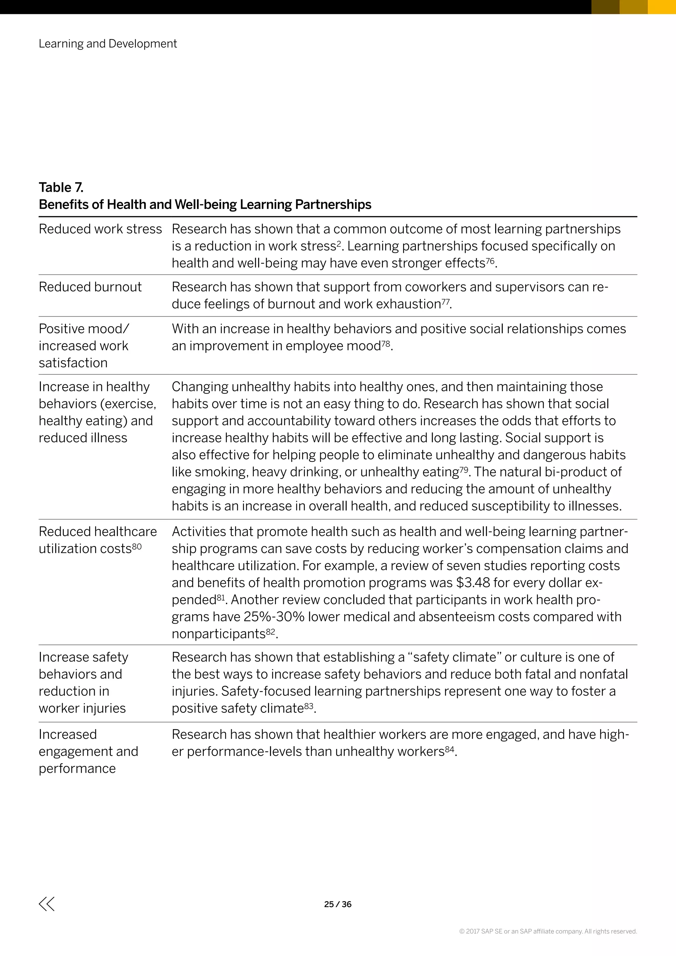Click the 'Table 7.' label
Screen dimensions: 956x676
[61, 188]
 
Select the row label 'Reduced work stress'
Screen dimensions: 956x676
[100, 229]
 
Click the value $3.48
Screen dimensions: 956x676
[473, 583]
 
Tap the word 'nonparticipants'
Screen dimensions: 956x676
[218, 634]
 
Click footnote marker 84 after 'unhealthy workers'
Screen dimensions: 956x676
[450, 749]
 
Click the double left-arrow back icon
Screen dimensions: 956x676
[47, 904]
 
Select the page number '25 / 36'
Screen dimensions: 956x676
[338, 904]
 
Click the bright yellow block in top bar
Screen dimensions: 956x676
[661, 7]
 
